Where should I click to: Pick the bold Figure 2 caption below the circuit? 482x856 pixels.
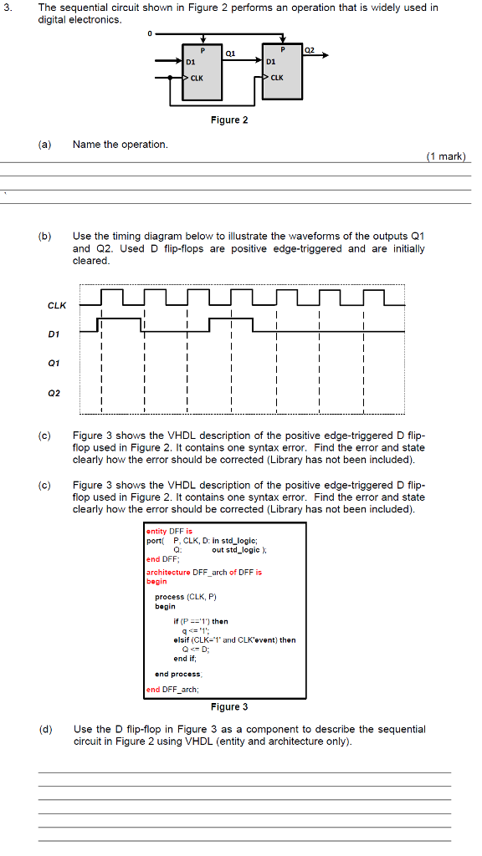[x=229, y=120]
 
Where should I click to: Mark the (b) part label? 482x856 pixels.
[x=44, y=237]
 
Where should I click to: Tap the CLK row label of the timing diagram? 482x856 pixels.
[x=56, y=305]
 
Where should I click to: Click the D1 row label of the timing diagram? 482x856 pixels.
[x=56, y=335]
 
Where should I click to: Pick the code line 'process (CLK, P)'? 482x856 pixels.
[x=186, y=597]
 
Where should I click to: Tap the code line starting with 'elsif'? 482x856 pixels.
[x=234, y=640]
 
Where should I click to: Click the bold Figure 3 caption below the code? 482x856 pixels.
[x=229, y=707]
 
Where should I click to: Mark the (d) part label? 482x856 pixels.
[x=44, y=730]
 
